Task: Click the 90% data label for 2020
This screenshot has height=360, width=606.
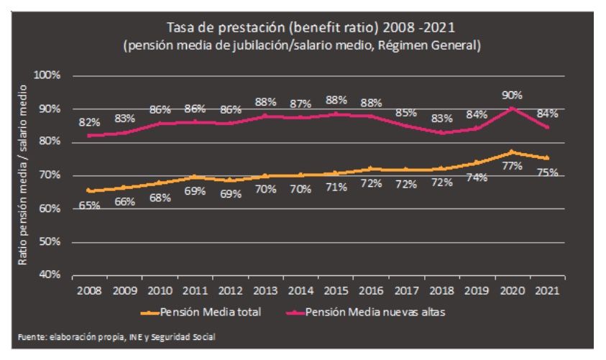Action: pos(512,95)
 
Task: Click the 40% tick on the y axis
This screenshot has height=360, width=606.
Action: pos(52,275)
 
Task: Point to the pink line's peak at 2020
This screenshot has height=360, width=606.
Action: pos(512,108)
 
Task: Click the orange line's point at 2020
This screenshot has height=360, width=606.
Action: pos(512,152)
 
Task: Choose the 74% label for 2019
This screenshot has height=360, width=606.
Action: pos(477,177)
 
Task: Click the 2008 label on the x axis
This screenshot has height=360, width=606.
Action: pos(88,292)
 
